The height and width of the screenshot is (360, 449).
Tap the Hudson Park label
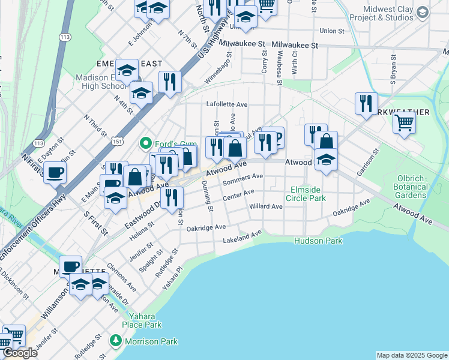(318, 241)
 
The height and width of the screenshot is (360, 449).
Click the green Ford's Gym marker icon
(145, 143)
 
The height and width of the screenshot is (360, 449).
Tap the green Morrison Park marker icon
(116, 341)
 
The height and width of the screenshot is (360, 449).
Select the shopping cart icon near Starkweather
(405, 122)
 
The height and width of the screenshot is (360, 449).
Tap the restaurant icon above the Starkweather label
(364, 103)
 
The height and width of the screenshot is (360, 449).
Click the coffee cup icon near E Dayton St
(55, 173)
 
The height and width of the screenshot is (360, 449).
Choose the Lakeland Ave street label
(243, 236)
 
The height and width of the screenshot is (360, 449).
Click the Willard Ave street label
(265, 206)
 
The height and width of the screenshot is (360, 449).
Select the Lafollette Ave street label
(227, 104)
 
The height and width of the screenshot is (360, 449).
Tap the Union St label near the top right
(332, 31)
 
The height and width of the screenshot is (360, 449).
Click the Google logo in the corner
(20, 353)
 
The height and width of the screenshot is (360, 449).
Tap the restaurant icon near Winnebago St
(170, 82)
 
